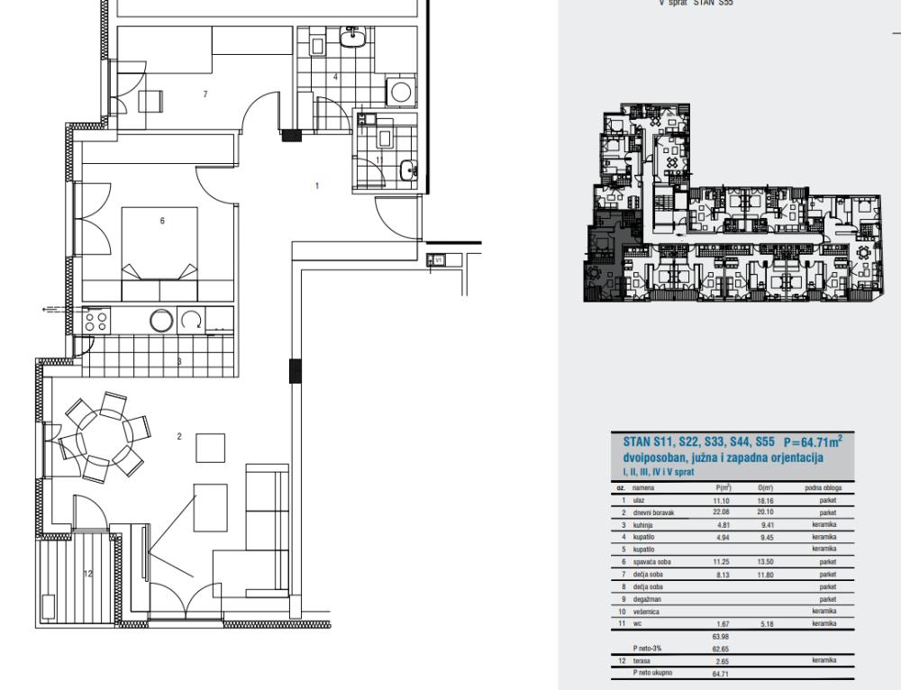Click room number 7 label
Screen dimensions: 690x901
[205, 94]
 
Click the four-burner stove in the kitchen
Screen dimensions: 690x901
[96, 321]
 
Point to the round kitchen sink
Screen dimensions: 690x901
[163, 321]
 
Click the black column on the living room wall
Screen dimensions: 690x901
[294, 371]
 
